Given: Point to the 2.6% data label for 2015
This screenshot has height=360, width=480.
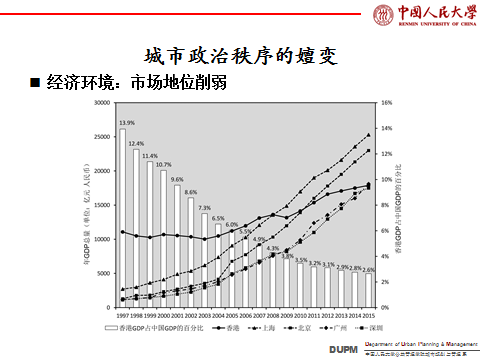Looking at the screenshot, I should (x=368, y=270).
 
